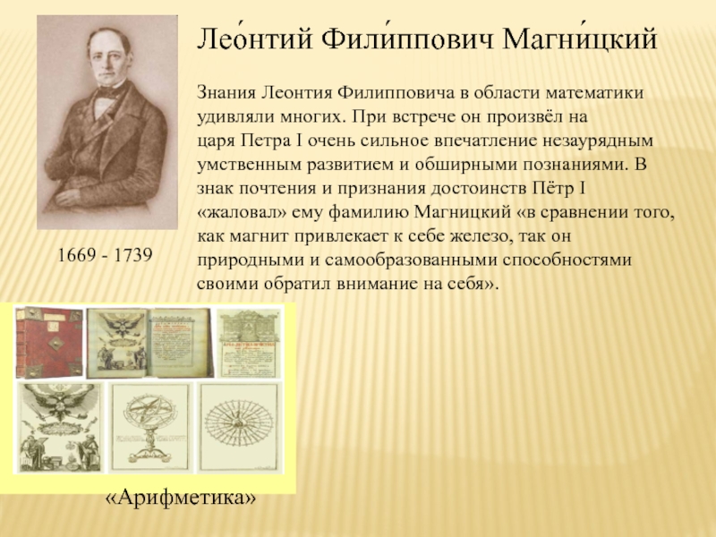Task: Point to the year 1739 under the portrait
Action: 134,256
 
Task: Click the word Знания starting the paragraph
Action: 226,93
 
